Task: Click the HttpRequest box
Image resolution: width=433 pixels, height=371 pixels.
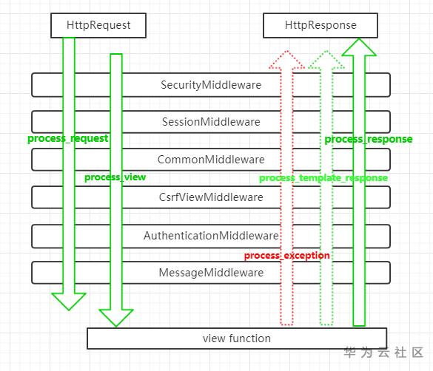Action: [98, 25]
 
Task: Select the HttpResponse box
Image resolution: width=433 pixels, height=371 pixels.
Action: [320, 25]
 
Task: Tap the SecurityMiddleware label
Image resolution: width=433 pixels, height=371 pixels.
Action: [211, 85]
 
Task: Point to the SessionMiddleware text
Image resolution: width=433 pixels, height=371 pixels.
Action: [211, 122]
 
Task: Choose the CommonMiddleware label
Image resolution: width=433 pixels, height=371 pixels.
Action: [211, 160]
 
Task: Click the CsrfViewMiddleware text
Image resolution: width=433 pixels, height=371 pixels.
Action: [211, 197]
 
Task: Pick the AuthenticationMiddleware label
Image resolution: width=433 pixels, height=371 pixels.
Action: [211, 236]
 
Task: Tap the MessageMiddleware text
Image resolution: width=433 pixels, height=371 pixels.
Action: [211, 273]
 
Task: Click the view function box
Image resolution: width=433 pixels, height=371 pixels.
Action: [237, 338]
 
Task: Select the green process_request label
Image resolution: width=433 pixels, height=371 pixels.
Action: [67, 139]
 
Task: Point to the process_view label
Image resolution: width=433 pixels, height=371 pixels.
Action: [115, 177]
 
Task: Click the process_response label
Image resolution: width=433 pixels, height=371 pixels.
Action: [369, 140]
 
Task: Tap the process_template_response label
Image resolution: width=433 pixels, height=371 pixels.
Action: [323, 178]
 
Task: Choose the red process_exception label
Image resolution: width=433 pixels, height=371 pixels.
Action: [287, 256]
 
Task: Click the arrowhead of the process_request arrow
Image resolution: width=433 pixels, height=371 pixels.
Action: [69, 302]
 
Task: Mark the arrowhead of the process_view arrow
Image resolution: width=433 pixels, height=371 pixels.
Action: [116, 318]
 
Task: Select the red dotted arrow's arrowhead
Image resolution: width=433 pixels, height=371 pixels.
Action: [287, 59]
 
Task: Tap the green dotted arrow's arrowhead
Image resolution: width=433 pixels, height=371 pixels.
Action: [326, 59]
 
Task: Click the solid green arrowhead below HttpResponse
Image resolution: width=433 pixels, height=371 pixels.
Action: [359, 47]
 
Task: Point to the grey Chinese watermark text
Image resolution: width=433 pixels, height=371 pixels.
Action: [384, 353]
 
